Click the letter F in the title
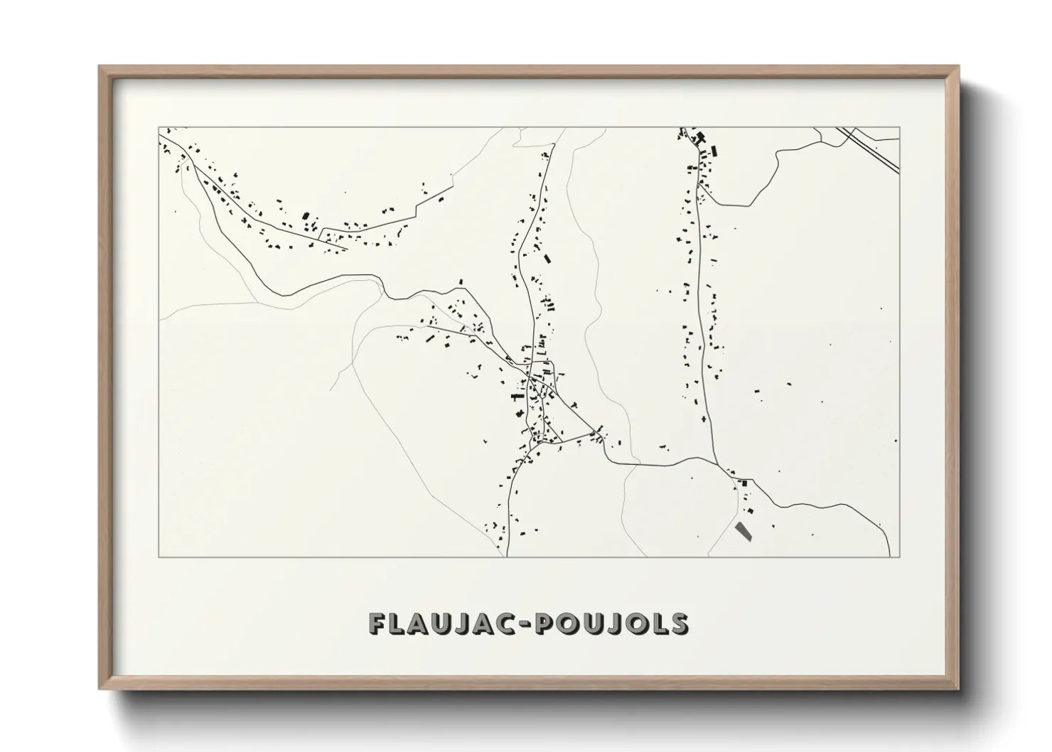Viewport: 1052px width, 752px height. click(377, 623)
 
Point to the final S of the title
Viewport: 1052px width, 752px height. click(679, 623)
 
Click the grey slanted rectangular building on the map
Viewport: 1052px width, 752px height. click(743, 531)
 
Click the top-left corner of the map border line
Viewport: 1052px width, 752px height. click(159, 127)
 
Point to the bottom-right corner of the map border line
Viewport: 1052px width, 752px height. click(900, 557)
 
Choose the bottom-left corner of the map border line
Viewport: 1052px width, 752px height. click(159, 557)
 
